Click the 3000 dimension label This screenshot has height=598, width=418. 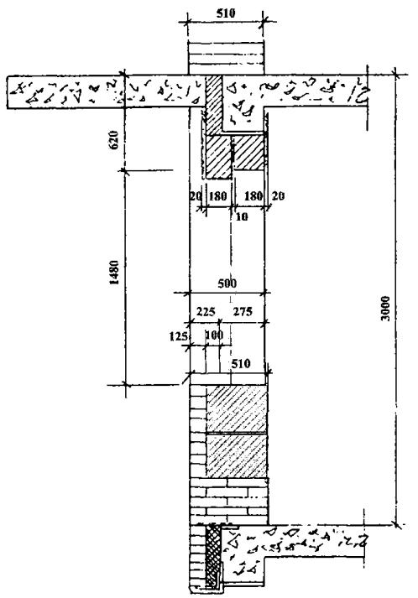point(386,308)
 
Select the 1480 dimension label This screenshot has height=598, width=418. point(114,273)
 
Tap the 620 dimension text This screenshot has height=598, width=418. point(114,140)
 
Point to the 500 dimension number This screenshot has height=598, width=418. point(227,283)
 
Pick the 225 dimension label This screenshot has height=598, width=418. point(206,312)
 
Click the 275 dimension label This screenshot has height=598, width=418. point(243,312)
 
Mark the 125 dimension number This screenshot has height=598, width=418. point(178,336)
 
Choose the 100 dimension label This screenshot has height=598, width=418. point(214,335)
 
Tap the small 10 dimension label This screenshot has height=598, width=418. point(242,216)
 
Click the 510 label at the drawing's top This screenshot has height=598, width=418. point(226,13)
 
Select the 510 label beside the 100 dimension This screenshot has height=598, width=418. point(241,363)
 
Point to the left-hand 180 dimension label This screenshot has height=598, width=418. point(218,196)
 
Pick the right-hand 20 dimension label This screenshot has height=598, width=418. point(278,196)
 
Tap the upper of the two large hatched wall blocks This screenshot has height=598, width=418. point(237,408)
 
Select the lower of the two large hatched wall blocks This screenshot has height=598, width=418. point(237,455)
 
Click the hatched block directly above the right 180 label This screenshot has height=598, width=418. point(248,153)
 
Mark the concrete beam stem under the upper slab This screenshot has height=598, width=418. point(243,119)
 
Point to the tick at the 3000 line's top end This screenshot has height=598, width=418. point(395,75)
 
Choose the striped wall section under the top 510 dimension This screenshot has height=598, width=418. point(227,59)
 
